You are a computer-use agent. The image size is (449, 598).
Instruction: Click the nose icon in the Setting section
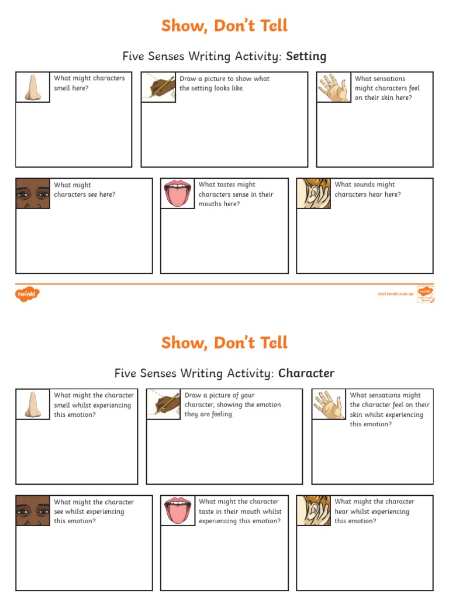tap(33, 87)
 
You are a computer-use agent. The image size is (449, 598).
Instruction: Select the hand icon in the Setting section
tap(334, 87)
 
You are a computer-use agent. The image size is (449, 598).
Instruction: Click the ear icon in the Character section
tap(313, 510)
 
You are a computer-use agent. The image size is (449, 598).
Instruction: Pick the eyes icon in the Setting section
tap(33, 193)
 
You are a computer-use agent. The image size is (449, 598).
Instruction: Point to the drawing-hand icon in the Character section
tap(163, 404)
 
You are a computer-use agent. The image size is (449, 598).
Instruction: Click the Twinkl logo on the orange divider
tap(27, 294)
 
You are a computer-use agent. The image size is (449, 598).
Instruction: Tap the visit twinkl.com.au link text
tap(395, 294)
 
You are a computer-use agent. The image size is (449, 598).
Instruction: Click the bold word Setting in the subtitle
tap(306, 56)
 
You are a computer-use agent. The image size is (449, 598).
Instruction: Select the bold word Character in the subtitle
tap(306, 373)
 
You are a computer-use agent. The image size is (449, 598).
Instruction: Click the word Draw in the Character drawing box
tap(193, 395)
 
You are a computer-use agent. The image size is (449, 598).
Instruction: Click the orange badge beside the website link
tap(425, 294)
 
